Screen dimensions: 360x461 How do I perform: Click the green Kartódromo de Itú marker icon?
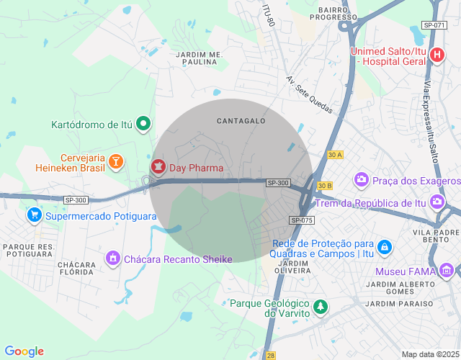click(143, 124)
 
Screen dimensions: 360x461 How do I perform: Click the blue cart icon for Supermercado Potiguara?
click(34, 215)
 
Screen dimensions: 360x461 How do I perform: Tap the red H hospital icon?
click(437, 55)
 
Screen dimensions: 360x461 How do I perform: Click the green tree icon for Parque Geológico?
click(321, 307)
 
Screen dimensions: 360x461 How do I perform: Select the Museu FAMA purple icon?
click(447, 271)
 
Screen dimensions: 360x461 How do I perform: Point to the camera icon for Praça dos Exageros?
click(361, 179)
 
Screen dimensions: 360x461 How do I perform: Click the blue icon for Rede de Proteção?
click(385, 247)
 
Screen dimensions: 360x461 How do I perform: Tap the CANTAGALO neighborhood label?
click(241, 121)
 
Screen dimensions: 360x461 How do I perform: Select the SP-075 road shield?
click(303, 220)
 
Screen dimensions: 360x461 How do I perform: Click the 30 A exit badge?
click(334, 155)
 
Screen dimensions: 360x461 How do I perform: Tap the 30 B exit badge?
click(324, 186)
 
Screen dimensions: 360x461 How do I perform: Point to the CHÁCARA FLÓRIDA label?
click(76, 269)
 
